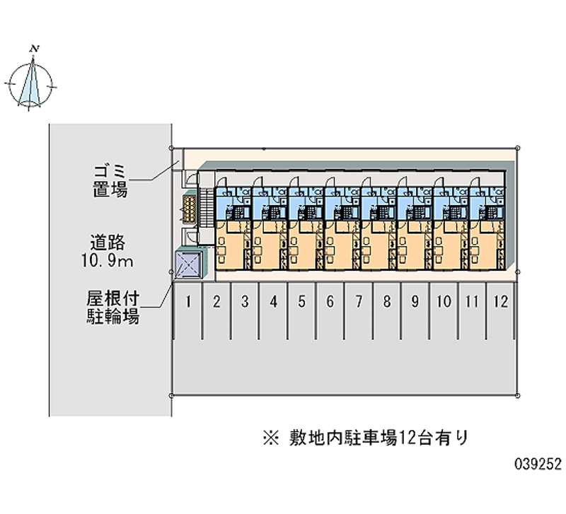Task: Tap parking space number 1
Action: click(188, 303)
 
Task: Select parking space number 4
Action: click(273, 303)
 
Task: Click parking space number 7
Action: click(359, 303)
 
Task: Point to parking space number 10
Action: click(444, 303)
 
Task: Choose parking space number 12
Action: click(501, 303)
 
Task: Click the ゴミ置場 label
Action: click(110, 180)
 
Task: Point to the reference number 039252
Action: click(538, 464)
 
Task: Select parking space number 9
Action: click(415, 303)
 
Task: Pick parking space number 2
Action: click(216, 303)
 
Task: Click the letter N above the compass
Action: click(33, 49)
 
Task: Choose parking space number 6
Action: click(330, 303)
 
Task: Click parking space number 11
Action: click(473, 303)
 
